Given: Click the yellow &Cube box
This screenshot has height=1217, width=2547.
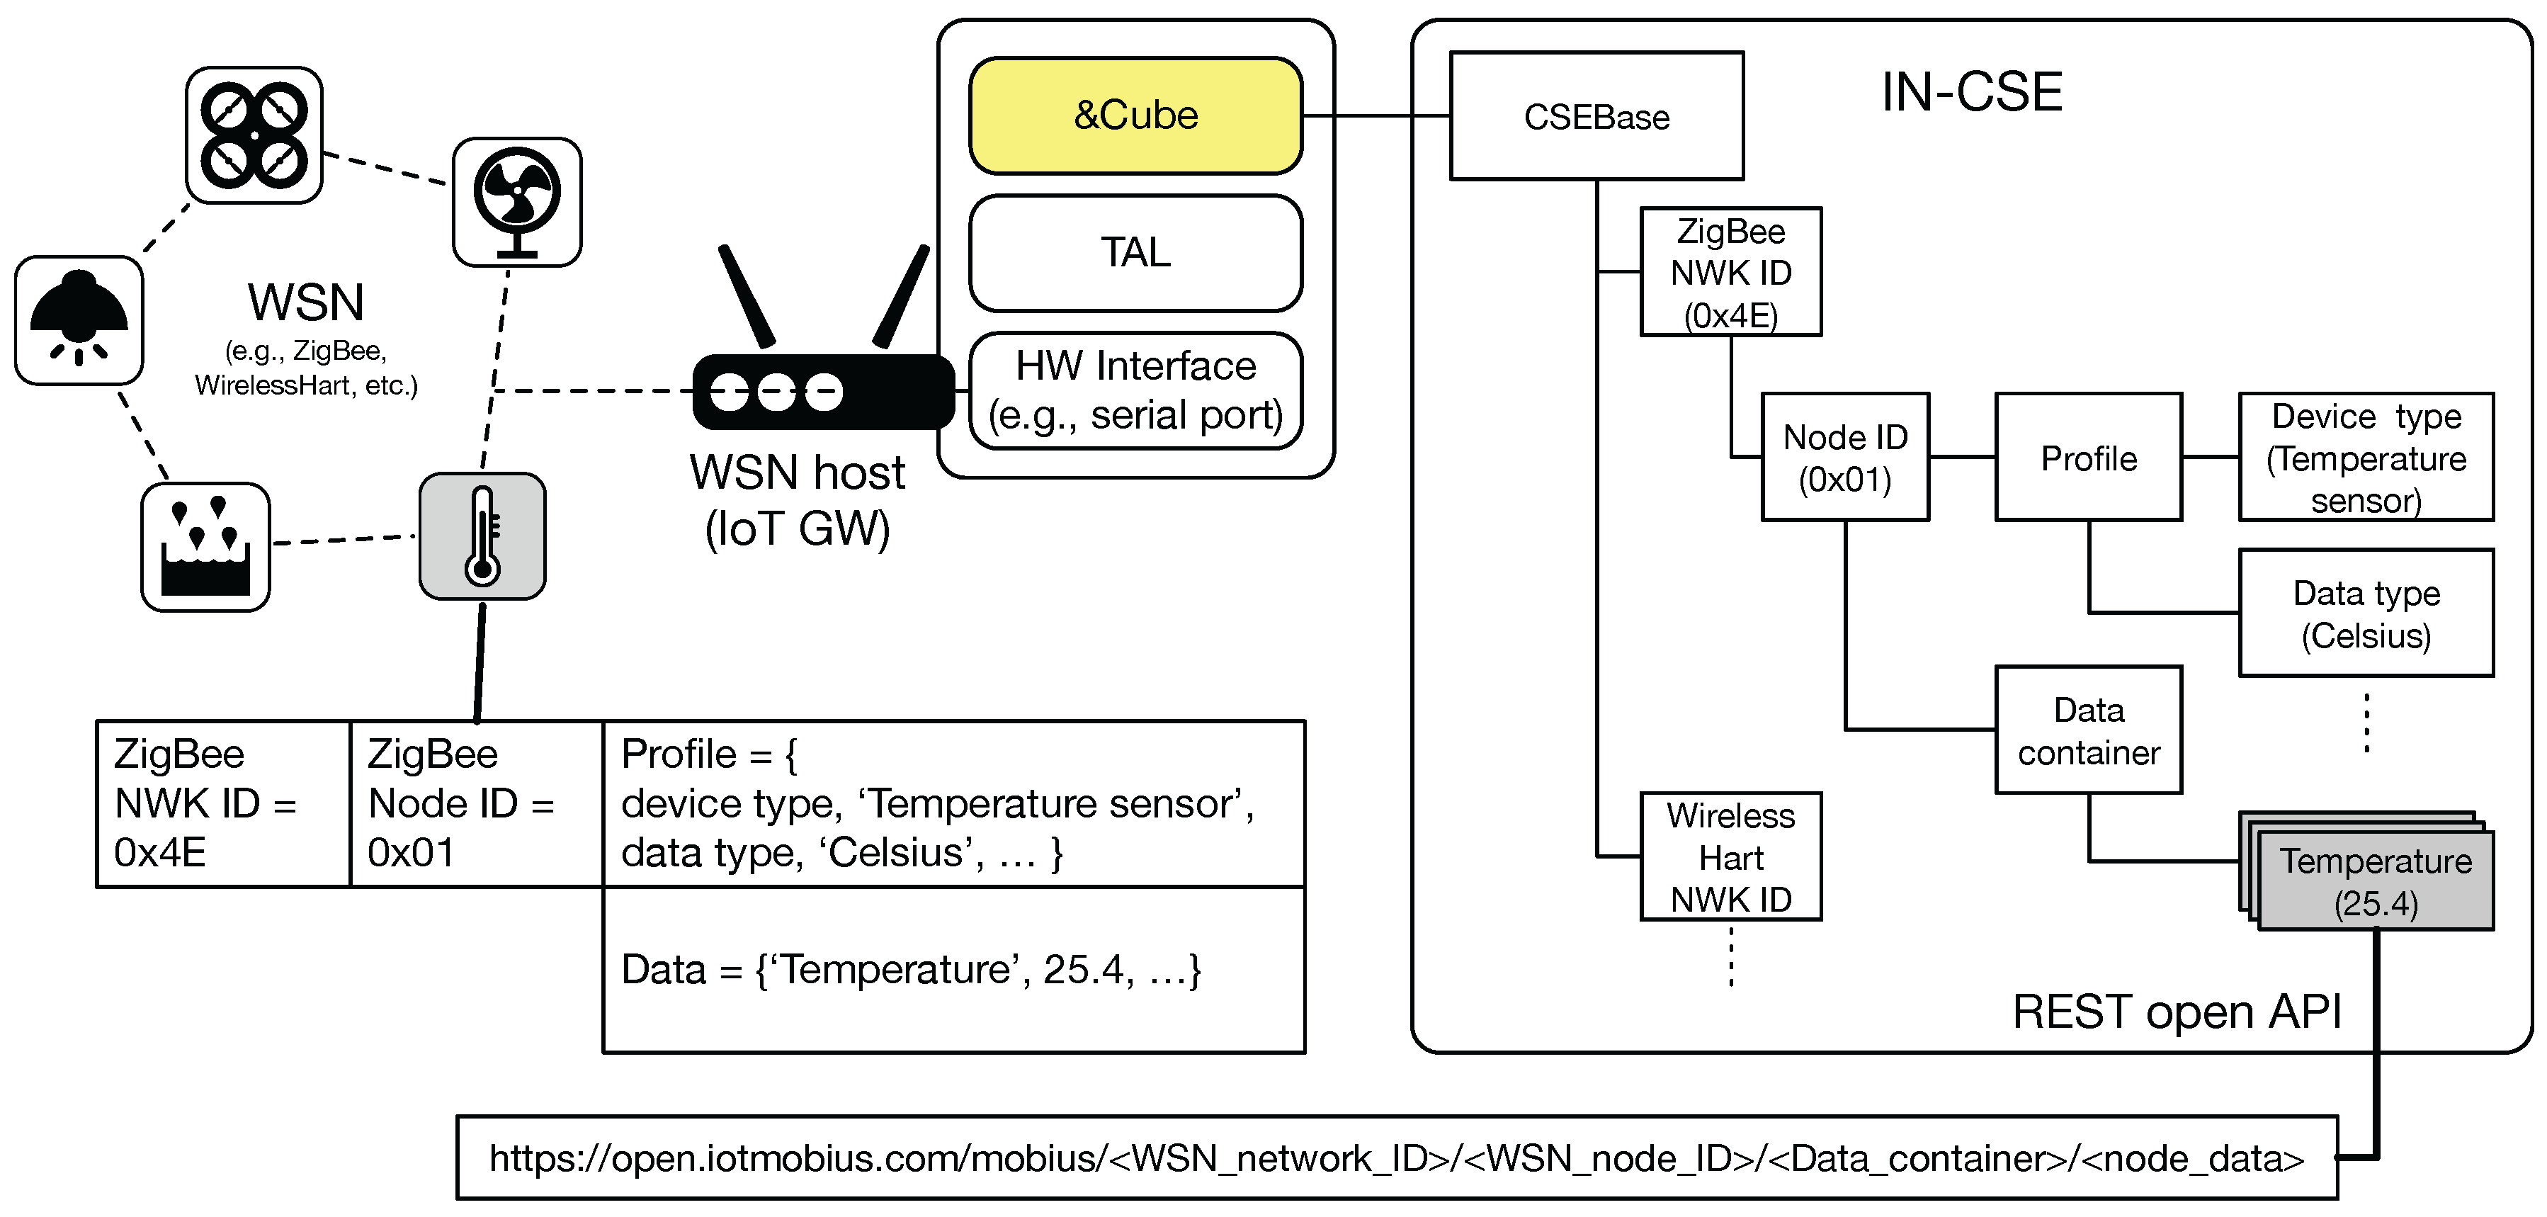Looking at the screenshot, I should (x=1135, y=115).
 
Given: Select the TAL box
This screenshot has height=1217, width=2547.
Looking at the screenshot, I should (x=1135, y=252).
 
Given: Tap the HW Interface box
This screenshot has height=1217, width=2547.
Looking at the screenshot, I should (x=1135, y=390).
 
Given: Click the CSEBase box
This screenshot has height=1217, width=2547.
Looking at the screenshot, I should (x=1596, y=117).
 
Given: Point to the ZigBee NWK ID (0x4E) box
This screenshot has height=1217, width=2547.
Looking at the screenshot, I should (x=1730, y=272).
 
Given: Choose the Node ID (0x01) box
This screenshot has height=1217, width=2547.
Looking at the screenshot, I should (x=1845, y=457).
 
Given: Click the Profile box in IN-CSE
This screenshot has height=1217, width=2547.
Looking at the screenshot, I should (x=2088, y=457).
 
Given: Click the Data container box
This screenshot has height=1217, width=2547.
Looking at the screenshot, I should (x=2088, y=730).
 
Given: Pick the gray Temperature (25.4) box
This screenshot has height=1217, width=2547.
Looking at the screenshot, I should (x=2375, y=880).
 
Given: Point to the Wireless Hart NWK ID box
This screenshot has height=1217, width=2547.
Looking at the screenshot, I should (x=1730, y=856).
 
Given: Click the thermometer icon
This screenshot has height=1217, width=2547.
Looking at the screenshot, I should (x=482, y=536).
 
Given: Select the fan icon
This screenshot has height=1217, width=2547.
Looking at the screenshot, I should (x=517, y=202).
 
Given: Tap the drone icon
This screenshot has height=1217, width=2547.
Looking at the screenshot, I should (x=254, y=135).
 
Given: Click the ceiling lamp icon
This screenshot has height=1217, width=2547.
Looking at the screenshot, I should (x=79, y=320).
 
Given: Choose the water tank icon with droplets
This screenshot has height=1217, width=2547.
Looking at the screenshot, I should (x=205, y=547).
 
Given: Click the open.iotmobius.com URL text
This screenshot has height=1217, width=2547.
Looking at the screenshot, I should (x=1396, y=1157).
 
